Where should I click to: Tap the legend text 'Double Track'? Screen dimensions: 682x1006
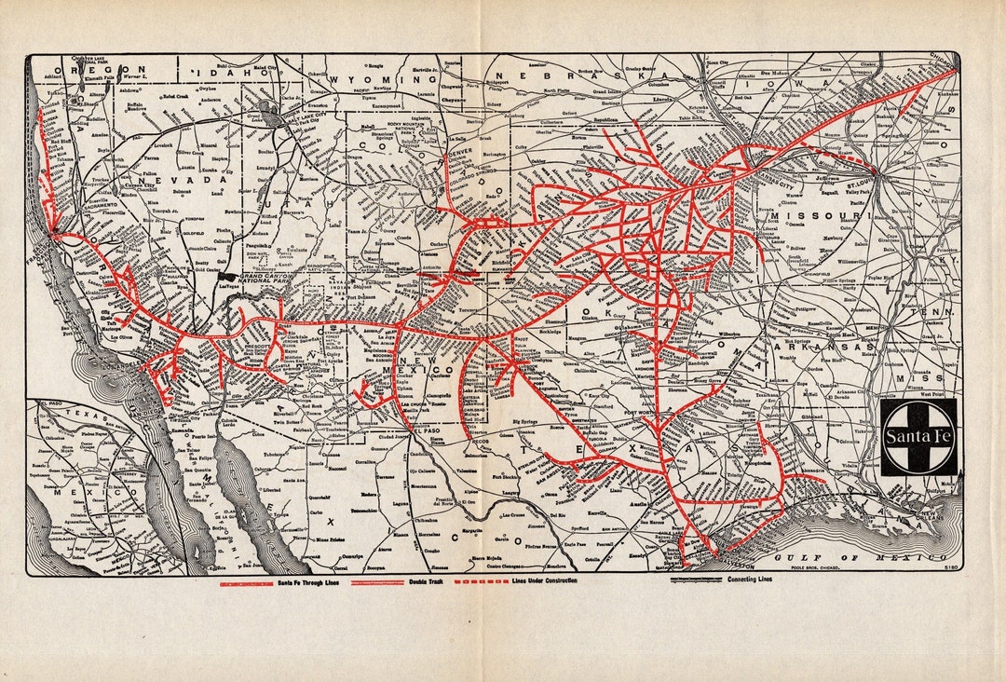[x=424, y=580]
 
